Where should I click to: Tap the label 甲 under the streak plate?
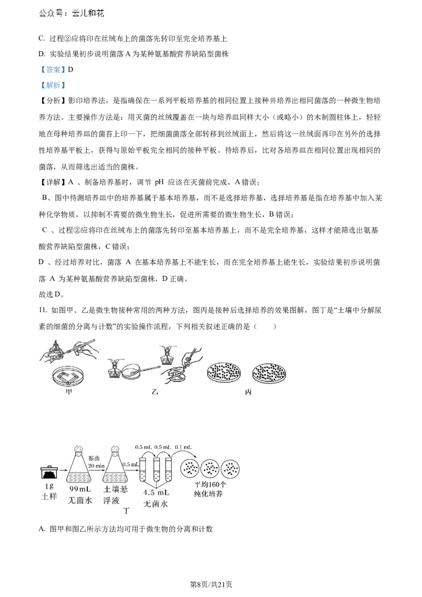click(69, 391)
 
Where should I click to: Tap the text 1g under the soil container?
click(49, 486)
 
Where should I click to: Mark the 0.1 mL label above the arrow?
click(183, 447)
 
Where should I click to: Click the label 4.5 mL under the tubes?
click(156, 493)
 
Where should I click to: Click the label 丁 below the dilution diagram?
click(126, 511)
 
